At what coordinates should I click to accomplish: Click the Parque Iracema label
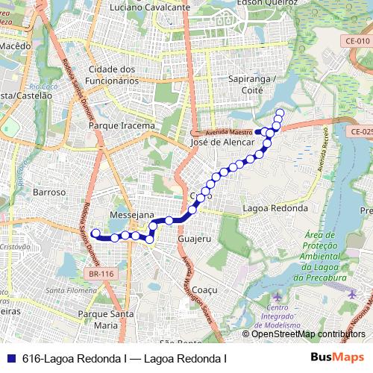pos(122,126)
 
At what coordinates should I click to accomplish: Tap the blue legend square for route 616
pos(12,358)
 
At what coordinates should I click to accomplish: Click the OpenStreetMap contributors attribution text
pos(308,334)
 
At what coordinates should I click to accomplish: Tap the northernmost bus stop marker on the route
pos(280,113)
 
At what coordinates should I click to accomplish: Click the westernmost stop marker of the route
pos(95,233)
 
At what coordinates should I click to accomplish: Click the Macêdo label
pos(16,46)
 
